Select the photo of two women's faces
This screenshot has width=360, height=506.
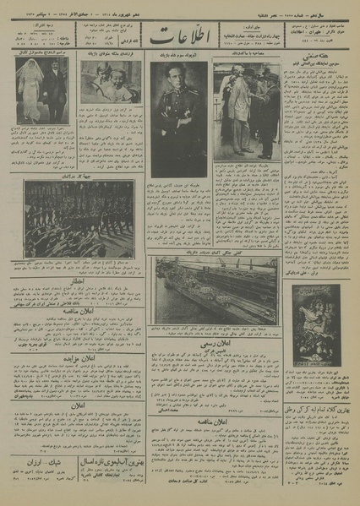[x=111, y=81]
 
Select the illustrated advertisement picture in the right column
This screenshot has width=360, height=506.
[x=315, y=326]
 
